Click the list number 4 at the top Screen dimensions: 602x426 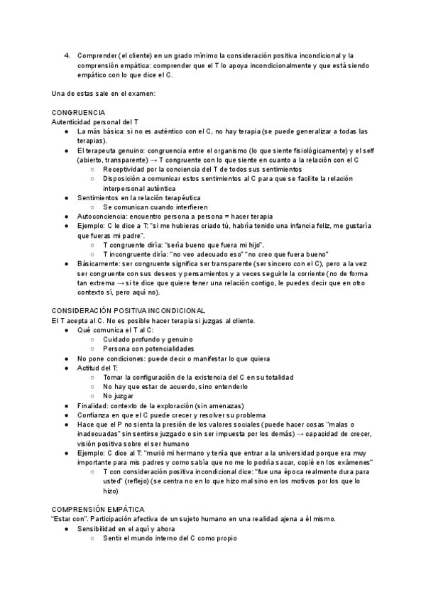pyautogui.click(x=67, y=55)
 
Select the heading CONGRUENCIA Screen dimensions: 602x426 pyautogui.click(x=78, y=113)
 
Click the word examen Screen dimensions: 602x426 pyautogui.click(x=138, y=93)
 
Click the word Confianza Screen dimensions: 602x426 pyautogui.click(x=96, y=415)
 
